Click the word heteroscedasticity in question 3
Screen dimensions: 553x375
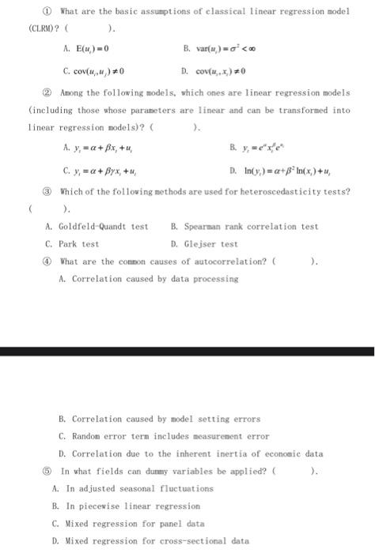(270, 191)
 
